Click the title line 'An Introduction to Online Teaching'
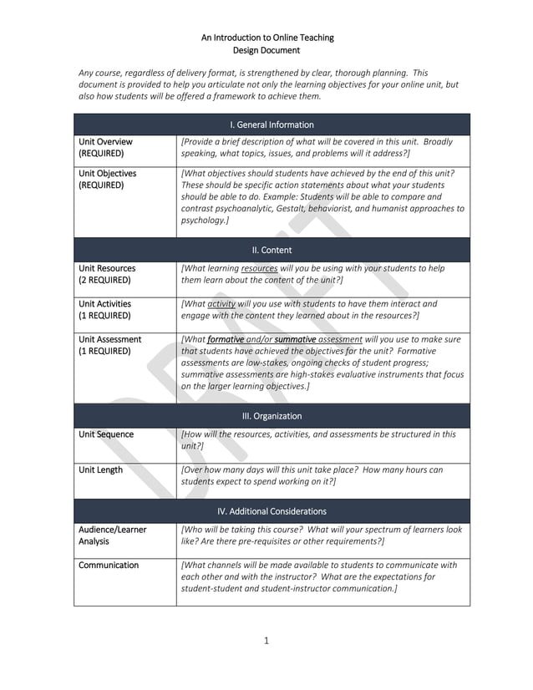point(266,38)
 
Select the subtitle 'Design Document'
point(266,50)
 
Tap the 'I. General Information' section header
point(272,124)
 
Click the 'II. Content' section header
point(272,250)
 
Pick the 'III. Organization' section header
point(272,416)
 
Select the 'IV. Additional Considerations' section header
point(272,511)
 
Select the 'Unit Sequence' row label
point(106,434)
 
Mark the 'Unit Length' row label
point(100,469)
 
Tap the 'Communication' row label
point(109,566)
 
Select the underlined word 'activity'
point(221,304)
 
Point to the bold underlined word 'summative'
point(294,340)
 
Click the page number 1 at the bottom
point(266,641)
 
